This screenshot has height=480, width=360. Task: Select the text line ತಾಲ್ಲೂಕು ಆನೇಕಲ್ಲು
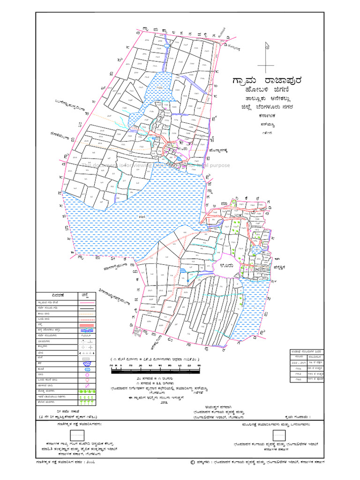266,99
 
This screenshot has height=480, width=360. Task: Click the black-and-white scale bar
155,370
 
